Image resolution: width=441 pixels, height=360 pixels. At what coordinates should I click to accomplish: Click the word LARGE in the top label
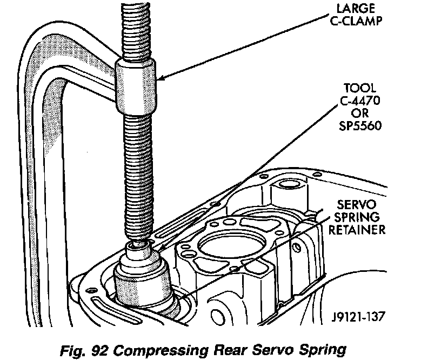(x=356, y=8)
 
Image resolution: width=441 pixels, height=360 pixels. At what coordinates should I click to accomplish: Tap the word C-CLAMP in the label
(x=356, y=21)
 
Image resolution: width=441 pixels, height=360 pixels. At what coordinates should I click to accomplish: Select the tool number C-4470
(x=360, y=100)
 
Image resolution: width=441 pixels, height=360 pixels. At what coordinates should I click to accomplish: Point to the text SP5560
(x=360, y=125)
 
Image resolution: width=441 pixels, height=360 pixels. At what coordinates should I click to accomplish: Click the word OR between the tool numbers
(x=360, y=113)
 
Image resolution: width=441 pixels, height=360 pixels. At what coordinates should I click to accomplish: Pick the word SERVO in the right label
(x=356, y=204)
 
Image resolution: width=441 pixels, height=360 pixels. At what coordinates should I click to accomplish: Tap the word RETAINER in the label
(x=357, y=230)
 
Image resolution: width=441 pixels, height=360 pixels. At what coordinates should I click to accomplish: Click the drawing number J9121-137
(x=357, y=317)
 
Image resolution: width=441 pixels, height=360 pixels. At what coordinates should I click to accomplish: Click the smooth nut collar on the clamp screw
(x=136, y=86)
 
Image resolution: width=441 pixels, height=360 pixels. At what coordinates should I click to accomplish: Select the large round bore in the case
(x=232, y=244)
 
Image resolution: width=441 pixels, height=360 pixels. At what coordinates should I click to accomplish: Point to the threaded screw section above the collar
(x=136, y=31)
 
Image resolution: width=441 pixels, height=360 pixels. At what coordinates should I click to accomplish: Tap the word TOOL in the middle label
(x=360, y=88)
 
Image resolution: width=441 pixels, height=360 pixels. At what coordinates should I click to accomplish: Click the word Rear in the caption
(x=230, y=350)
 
